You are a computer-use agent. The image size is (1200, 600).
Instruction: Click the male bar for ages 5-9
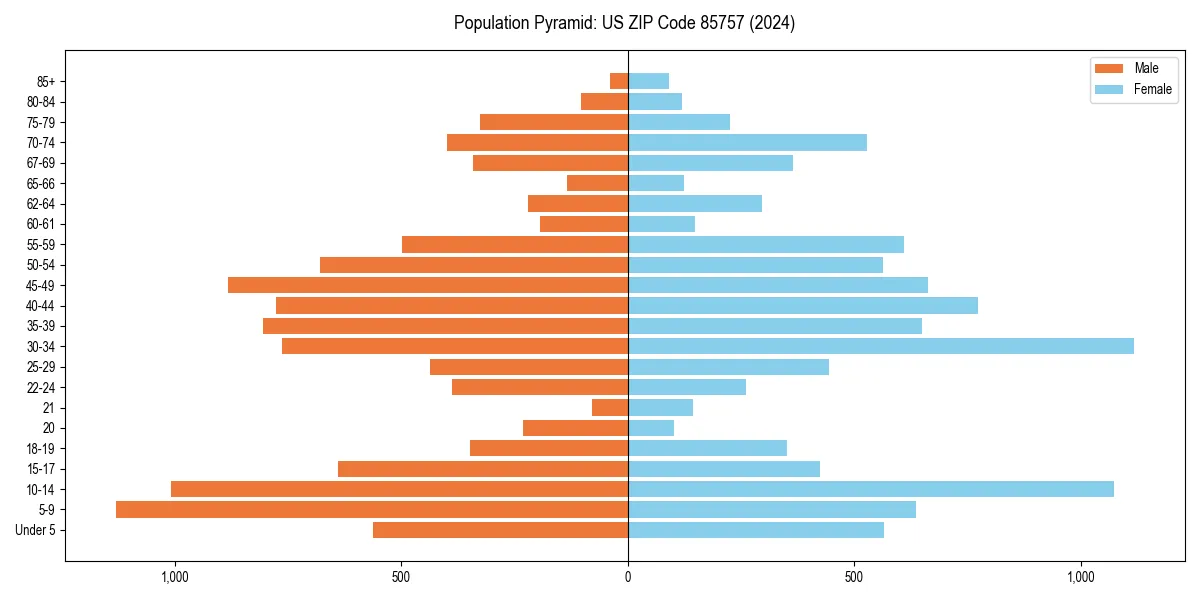[x=372, y=509]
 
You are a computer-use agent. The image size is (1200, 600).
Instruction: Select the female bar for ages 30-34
[x=880, y=346]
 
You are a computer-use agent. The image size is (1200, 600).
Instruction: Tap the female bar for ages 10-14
[x=870, y=489]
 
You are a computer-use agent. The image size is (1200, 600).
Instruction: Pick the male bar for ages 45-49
[x=428, y=285]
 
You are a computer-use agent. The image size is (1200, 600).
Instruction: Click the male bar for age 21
[x=610, y=407]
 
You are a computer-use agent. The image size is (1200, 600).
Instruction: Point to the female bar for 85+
[x=648, y=81]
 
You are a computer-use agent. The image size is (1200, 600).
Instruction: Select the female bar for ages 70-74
[x=747, y=142]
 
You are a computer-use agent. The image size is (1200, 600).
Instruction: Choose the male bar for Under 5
[x=500, y=530]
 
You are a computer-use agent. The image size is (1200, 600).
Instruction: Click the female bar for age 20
[x=651, y=428]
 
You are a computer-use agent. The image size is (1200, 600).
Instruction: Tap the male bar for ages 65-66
[x=597, y=183]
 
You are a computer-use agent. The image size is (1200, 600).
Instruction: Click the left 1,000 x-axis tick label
[x=175, y=578]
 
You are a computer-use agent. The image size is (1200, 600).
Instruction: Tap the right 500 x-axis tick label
[x=854, y=578]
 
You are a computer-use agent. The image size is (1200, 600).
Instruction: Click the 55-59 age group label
[x=40, y=244]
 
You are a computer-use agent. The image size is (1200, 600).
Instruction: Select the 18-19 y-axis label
[x=40, y=448]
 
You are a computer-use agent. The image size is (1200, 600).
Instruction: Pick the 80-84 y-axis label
[x=40, y=101]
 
